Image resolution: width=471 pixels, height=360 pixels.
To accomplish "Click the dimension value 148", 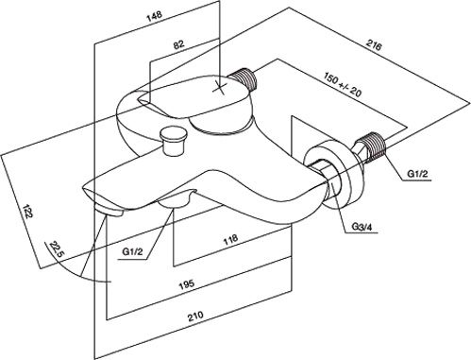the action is point(154,16).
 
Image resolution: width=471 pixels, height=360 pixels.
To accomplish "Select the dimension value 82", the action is point(179,44).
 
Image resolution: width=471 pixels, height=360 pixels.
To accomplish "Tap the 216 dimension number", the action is point(374,45).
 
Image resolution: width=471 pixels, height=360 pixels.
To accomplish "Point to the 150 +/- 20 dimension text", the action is point(343,84).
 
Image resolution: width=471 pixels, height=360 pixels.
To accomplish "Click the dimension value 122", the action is point(27,211).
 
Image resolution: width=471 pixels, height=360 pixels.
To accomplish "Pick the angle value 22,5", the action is point(57,249).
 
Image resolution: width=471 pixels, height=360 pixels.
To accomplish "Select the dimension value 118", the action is point(230,240).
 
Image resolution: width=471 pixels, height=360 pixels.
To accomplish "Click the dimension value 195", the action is point(187,284).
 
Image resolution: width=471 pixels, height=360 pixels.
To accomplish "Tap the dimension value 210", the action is point(195,316).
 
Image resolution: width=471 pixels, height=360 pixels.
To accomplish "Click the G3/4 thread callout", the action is point(362,227).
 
